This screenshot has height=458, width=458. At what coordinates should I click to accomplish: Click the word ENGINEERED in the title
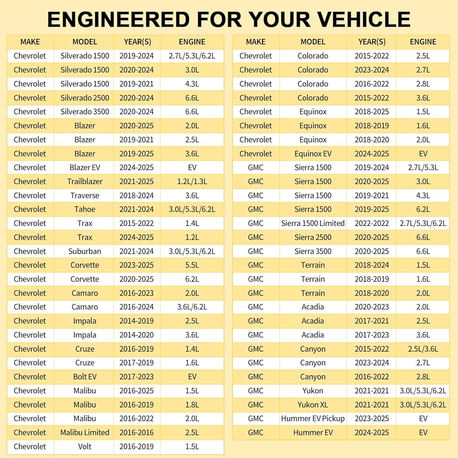[x=119, y=20]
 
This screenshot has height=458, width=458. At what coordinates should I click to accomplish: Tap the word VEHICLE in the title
[x=364, y=20]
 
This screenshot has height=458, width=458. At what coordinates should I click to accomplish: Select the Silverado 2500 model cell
[x=85, y=98]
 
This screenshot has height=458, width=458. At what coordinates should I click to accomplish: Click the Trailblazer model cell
[x=85, y=181]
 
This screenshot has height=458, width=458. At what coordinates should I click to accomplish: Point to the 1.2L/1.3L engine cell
[x=192, y=181]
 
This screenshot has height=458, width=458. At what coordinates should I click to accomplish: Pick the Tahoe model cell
[x=85, y=209]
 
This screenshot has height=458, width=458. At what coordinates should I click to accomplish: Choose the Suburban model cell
[x=85, y=251]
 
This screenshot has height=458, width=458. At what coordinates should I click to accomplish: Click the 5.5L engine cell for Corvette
[x=192, y=265]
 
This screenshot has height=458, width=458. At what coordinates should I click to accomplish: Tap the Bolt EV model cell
[x=85, y=376]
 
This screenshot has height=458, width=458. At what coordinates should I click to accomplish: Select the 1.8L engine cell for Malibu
[x=192, y=404]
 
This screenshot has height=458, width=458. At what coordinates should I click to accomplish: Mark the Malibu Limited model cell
[x=85, y=432]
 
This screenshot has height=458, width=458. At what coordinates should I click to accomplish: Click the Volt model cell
[x=85, y=446]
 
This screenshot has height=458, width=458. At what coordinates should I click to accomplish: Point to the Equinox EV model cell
[x=313, y=153]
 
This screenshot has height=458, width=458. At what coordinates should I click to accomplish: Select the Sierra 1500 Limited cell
[x=313, y=223]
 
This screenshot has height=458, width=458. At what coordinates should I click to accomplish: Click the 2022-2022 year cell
[x=372, y=223]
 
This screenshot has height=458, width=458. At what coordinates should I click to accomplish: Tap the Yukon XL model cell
[x=313, y=404]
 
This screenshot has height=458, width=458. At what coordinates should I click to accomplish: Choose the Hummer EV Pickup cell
[x=313, y=419]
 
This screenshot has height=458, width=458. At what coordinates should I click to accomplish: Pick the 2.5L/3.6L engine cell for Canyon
[x=423, y=349]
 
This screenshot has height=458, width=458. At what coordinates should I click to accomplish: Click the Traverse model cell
[x=85, y=196]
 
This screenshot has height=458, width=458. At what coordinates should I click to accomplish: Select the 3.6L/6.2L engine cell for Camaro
[x=192, y=307]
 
